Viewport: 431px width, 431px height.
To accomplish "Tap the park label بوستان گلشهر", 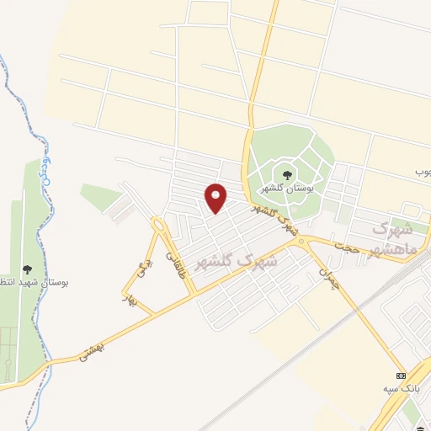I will point(287,189).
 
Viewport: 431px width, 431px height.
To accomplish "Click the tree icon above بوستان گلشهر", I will point(288,175).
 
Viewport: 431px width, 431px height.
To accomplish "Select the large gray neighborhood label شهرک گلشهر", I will point(236,253).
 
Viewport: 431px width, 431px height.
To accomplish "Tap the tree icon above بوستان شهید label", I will point(28,269).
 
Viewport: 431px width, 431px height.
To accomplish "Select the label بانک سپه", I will point(400,388).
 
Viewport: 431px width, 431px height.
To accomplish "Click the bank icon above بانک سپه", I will point(401,375).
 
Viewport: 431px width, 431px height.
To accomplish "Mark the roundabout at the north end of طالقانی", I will point(158,224).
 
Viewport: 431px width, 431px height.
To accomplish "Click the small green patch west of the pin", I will point(100,196).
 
